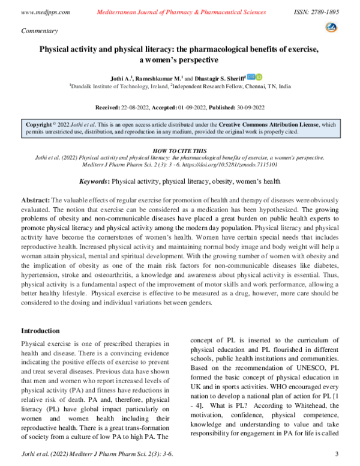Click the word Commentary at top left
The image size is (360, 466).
[39, 30]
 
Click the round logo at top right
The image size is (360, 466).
[331, 27]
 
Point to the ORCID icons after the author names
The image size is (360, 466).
[255, 77]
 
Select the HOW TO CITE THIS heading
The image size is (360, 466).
[180, 151]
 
